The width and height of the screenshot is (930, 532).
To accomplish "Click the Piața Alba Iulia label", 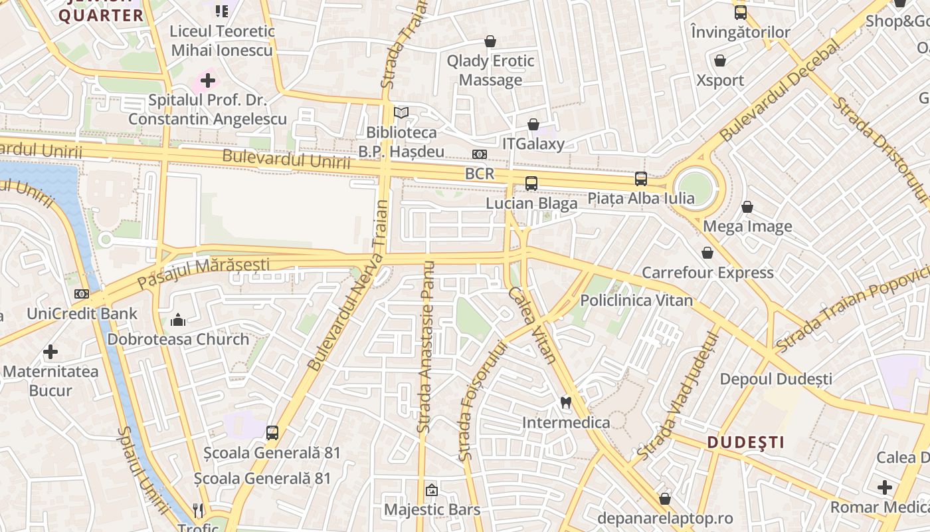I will [x=641, y=198].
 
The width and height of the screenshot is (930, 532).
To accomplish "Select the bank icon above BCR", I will [x=480, y=154].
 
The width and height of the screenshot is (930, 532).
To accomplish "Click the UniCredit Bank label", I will [x=82, y=313].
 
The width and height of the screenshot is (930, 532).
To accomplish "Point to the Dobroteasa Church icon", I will [x=177, y=321].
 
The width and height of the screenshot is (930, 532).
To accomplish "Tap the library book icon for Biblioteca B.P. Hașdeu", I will [x=401, y=113].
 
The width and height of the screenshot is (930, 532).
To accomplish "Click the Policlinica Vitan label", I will [x=636, y=300].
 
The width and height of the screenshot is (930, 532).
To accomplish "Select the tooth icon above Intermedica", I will [x=566, y=402].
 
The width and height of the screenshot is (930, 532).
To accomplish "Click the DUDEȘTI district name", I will [x=745, y=442].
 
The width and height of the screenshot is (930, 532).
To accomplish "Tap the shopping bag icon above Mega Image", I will [x=747, y=207].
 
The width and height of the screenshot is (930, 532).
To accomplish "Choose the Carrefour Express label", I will [x=707, y=273].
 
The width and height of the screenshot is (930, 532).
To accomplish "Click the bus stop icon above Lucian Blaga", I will [x=531, y=184].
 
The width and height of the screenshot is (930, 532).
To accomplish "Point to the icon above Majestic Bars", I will [x=432, y=491].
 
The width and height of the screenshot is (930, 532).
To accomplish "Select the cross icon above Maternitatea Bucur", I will [x=50, y=352].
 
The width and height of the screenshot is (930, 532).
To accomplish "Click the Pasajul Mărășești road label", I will [x=203, y=273].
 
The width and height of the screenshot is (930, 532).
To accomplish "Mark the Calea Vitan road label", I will [x=532, y=325].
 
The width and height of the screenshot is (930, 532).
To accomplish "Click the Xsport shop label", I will [x=720, y=80].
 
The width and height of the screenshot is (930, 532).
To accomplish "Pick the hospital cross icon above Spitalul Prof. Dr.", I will [x=207, y=81].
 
